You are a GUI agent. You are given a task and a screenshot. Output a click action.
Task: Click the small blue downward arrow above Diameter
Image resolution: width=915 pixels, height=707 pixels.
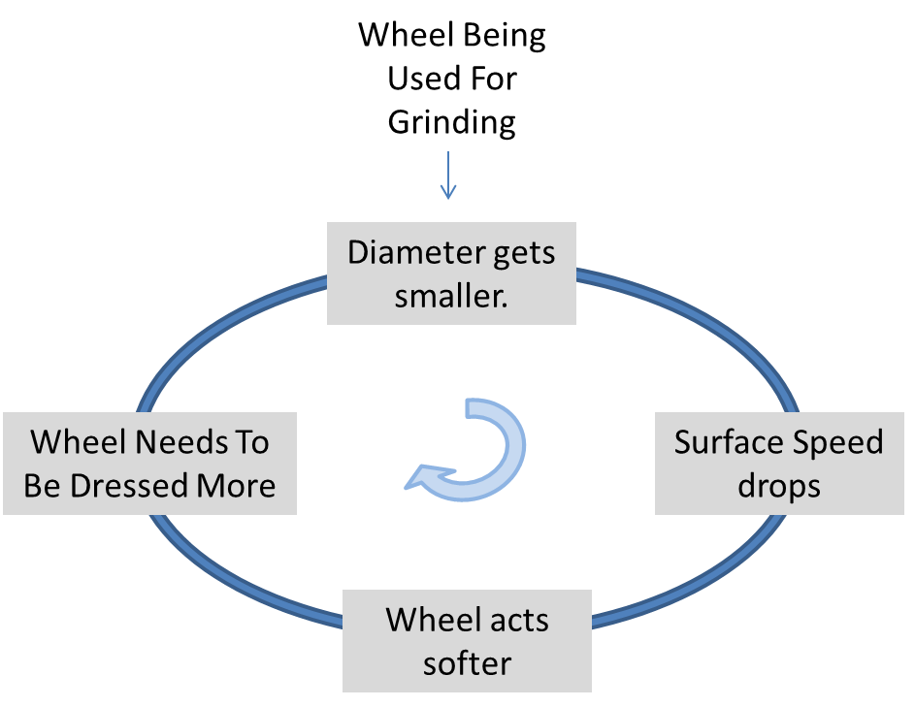pos(447,177)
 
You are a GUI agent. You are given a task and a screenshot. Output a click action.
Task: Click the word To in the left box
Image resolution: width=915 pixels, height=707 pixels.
pos(249,442)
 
